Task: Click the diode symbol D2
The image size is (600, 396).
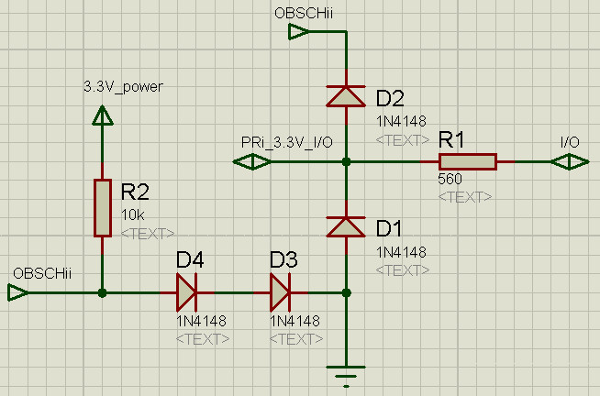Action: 346,94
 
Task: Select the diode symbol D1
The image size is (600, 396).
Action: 346,225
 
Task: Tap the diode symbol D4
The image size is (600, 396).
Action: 186,293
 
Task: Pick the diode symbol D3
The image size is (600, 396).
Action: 280,293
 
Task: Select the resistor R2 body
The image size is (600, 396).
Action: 103,207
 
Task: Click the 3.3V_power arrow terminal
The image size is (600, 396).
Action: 103,115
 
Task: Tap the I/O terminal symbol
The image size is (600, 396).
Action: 571,162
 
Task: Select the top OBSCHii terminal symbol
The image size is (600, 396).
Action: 299,33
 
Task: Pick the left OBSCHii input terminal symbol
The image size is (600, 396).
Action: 17,293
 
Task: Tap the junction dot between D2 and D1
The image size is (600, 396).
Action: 346,162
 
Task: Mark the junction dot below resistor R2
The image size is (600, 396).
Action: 103,293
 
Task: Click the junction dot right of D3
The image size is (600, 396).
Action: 346,293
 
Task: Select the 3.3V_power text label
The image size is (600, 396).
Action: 123,88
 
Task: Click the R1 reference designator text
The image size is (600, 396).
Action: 451,140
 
